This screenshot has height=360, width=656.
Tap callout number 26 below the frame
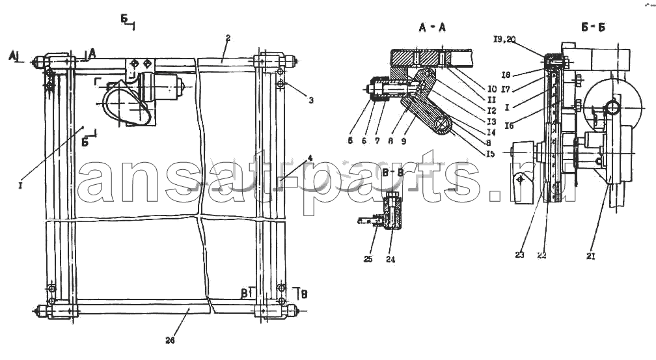point(171,339)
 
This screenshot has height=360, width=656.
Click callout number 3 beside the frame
point(311,100)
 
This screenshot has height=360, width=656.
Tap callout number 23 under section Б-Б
point(519,256)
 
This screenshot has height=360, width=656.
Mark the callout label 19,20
point(504,40)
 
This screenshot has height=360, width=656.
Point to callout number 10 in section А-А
point(491,89)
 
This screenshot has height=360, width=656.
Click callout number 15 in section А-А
point(490,154)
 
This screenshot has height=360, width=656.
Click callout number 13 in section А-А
point(491,122)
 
